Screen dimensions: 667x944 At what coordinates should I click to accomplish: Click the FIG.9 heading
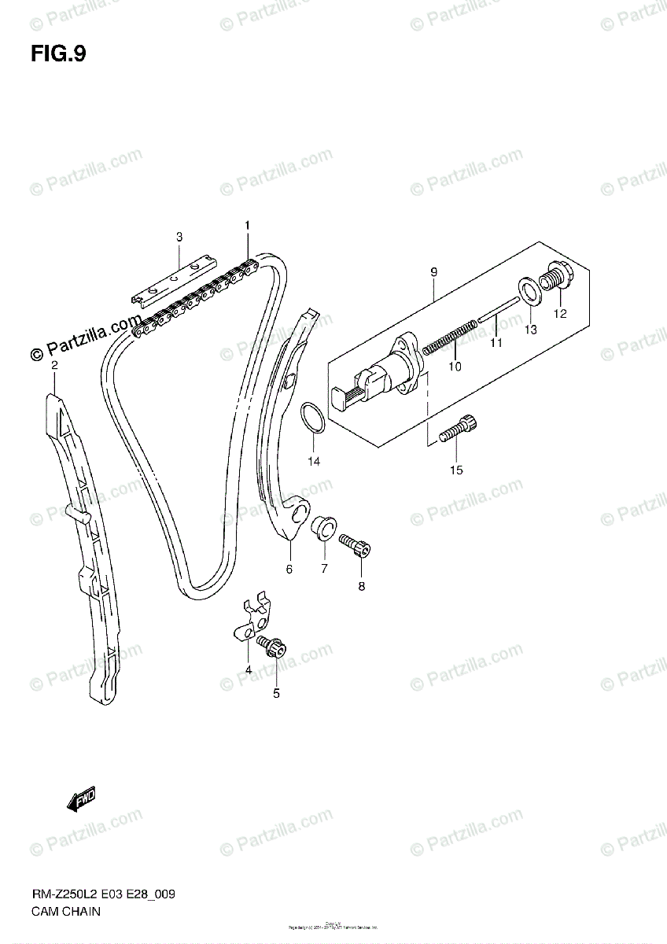click(x=59, y=53)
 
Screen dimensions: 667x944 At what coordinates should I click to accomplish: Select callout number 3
click(x=179, y=236)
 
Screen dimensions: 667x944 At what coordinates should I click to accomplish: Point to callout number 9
click(x=433, y=272)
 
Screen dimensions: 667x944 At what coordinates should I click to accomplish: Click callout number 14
click(x=314, y=461)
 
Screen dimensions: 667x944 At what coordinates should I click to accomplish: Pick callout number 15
click(x=456, y=470)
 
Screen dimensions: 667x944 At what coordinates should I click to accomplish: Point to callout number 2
click(x=54, y=366)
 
